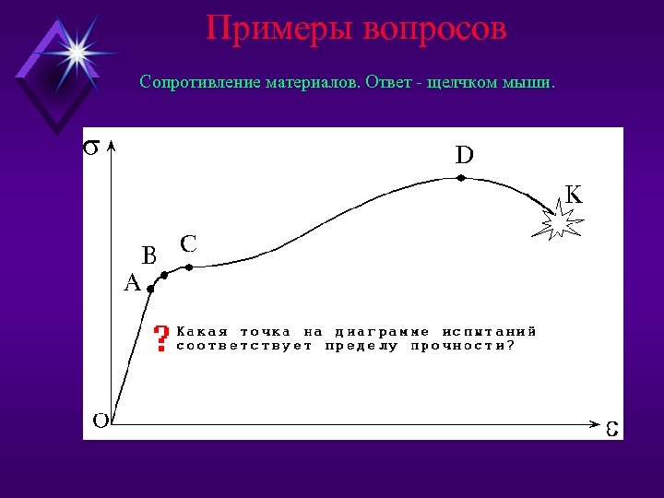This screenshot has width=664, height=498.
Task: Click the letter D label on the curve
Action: (x=464, y=155)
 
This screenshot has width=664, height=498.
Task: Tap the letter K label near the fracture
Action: (x=573, y=195)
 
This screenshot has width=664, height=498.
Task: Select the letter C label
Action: (x=188, y=243)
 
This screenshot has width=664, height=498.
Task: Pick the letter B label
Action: (x=148, y=254)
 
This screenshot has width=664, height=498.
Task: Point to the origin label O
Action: (x=101, y=421)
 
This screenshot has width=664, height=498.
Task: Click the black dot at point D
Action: (x=462, y=178)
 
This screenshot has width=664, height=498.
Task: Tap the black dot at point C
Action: (x=189, y=267)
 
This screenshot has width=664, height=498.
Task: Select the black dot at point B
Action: (x=165, y=275)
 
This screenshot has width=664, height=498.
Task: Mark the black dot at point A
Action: (x=150, y=289)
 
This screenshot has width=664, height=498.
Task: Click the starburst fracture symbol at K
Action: (x=561, y=222)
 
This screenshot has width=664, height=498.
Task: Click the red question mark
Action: (x=161, y=338)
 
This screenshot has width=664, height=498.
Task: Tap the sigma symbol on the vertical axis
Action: (x=92, y=148)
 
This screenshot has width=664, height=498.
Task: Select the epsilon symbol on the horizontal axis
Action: (x=611, y=430)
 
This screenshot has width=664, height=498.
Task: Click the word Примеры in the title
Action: (x=279, y=28)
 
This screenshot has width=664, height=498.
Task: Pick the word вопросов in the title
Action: (x=434, y=28)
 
